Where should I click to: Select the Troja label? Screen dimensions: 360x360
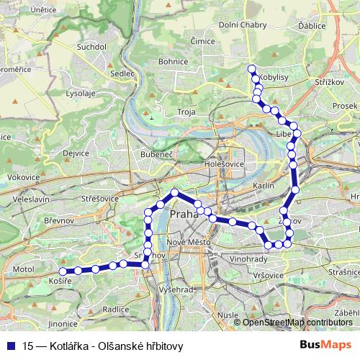(x=186, y=112)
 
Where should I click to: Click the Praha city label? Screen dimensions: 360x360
(x=184, y=214)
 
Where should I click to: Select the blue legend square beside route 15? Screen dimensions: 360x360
(x=10, y=346)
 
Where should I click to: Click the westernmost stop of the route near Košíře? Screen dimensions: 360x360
(x=63, y=271)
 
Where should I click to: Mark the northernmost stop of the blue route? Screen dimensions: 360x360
(x=251, y=68)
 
